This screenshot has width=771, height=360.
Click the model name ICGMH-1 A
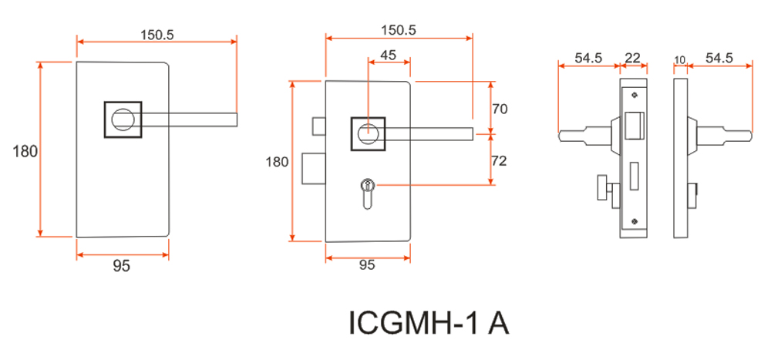429,322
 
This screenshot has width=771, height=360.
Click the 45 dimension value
389,55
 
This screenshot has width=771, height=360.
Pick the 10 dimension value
680,59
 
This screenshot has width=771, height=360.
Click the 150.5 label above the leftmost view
157,35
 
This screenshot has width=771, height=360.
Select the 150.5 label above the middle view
398,30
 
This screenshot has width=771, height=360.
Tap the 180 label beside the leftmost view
25,151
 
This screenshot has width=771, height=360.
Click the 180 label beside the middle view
277,162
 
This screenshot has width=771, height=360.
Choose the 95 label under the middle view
367,264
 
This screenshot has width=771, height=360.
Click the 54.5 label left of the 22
588,59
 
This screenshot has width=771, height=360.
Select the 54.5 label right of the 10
719,59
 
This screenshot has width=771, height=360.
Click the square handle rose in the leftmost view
123,119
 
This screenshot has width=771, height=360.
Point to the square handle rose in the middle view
368,133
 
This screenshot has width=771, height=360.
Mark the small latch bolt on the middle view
318,126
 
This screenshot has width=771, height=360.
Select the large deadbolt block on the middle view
313,169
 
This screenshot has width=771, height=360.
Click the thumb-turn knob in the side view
602,187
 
